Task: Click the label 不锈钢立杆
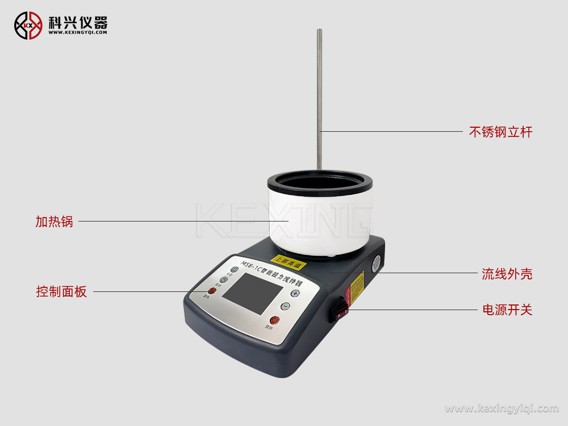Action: coord(500,132)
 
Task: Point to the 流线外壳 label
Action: coord(507,274)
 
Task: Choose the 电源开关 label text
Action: coord(507,310)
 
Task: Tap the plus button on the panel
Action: coord(295,293)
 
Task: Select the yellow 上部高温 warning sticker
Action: coord(291,263)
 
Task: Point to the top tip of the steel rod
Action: coord(319,31)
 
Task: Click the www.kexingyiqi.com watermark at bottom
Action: coord(502,408)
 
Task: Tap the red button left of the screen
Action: coord(212,291)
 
